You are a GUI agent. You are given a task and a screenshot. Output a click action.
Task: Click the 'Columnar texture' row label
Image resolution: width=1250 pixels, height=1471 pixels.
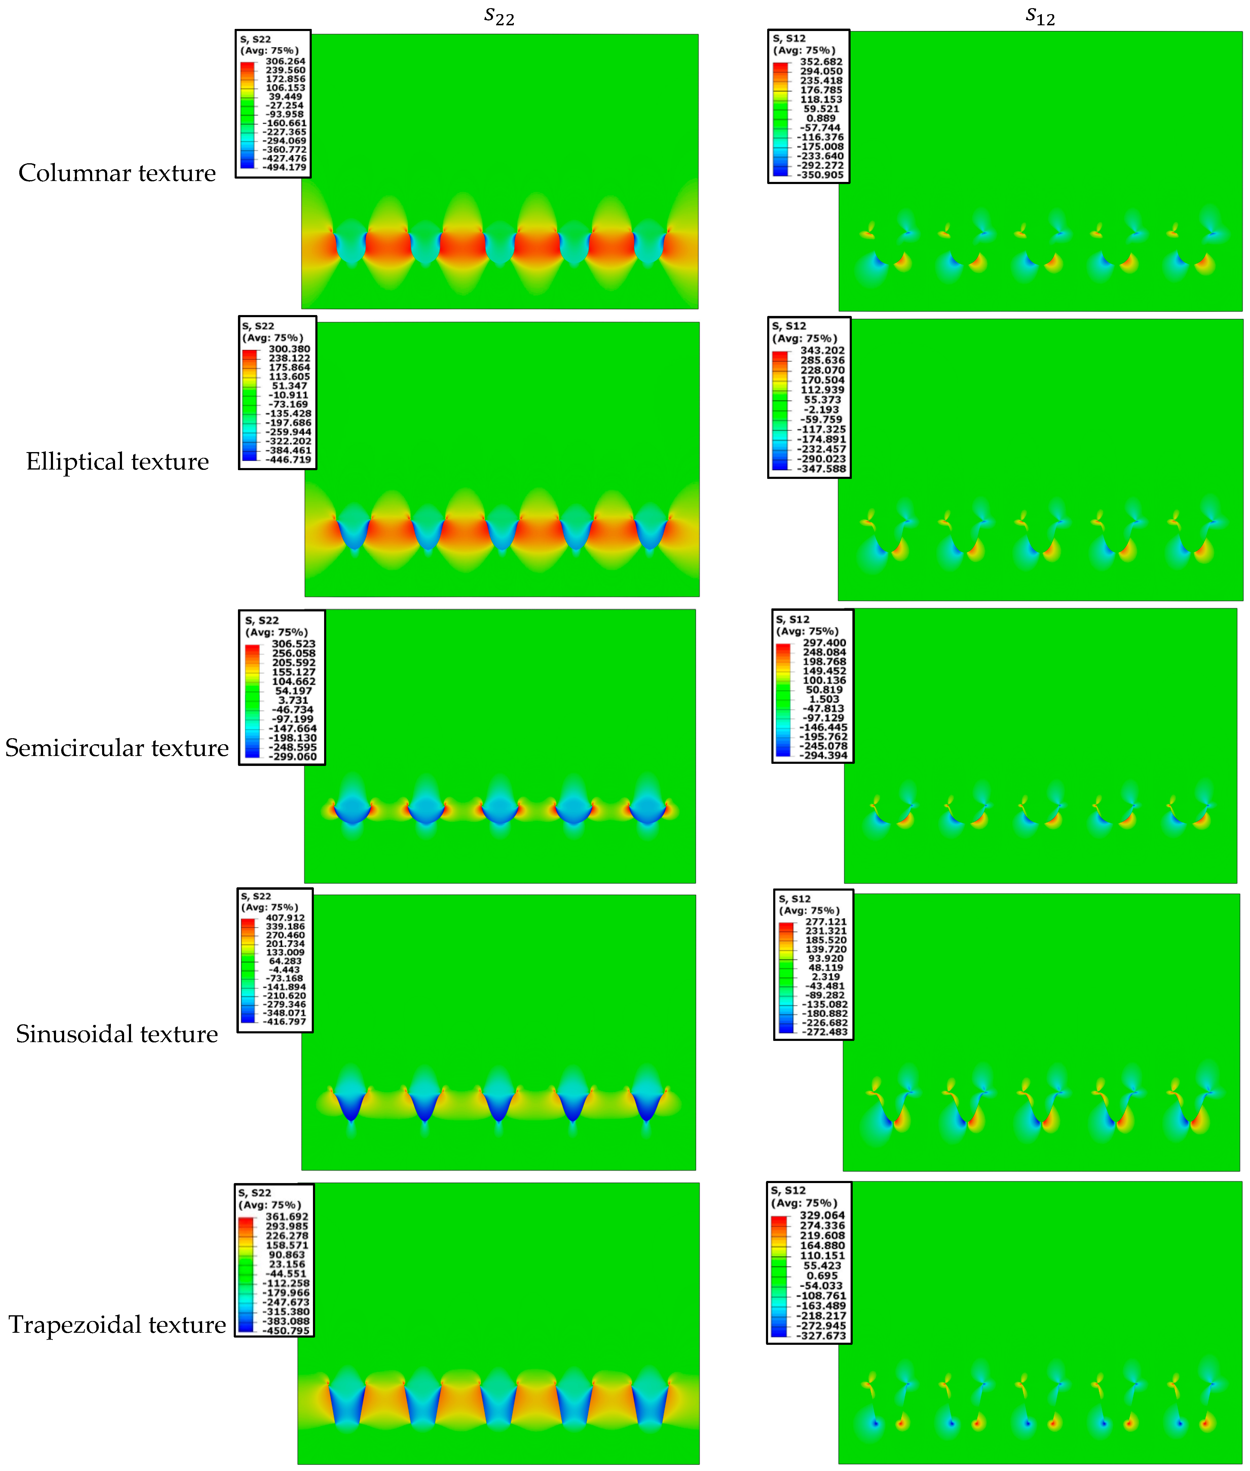[x=117, y=173]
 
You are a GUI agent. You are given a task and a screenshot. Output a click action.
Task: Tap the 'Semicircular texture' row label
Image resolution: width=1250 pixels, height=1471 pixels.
[x=117, y=748]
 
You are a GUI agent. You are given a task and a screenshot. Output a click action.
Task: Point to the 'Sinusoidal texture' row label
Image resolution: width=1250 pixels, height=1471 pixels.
[x=117, y=1034]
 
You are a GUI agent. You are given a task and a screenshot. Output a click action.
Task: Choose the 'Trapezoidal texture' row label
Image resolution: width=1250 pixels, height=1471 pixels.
[x=117, y=1324]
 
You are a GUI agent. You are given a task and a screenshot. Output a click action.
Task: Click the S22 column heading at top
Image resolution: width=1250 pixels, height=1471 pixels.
[x=499, y=16]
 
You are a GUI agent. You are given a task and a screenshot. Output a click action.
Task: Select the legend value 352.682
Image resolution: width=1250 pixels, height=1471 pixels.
[x=821, y=62]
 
